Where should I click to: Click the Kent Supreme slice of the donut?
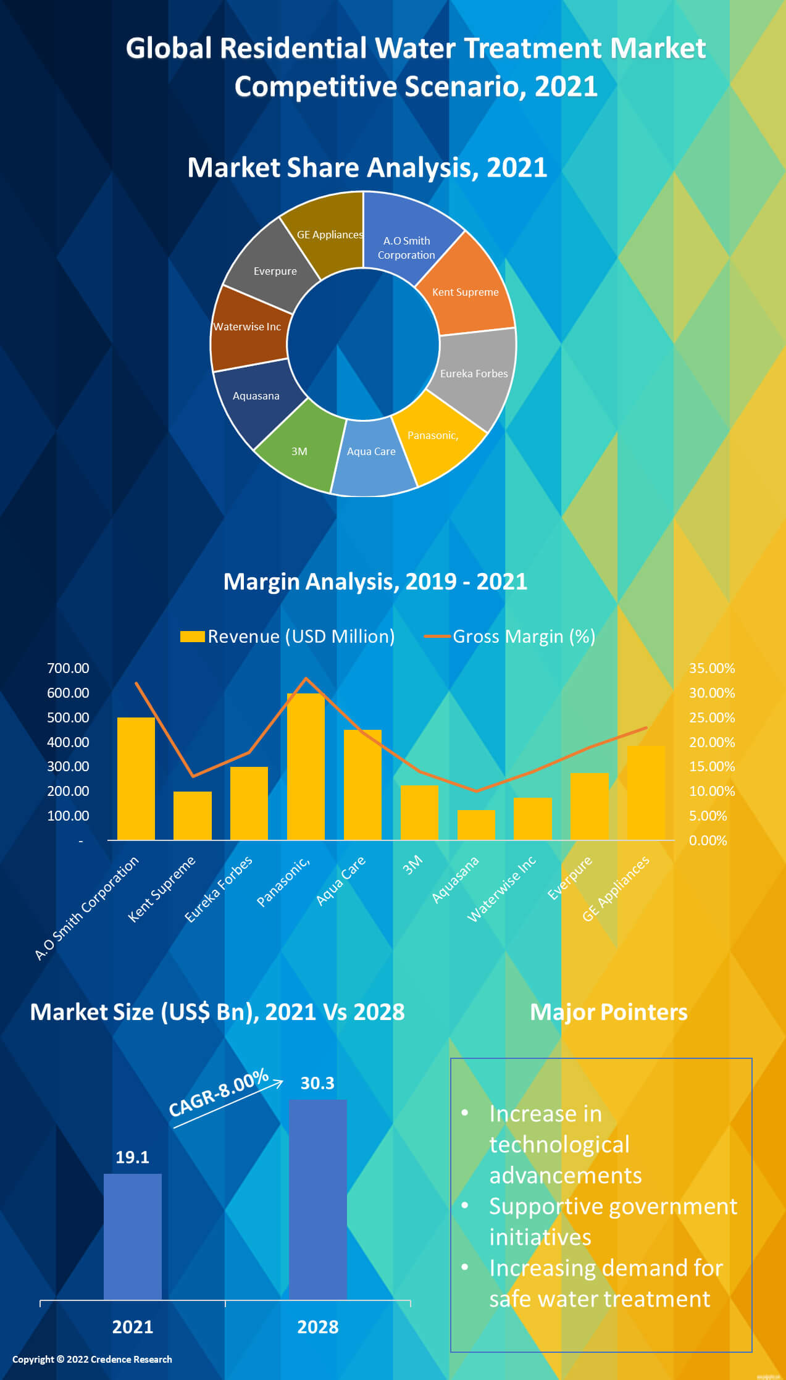(466, 290)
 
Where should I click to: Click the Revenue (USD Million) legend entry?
(288, 637)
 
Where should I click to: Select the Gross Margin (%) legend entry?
(510, 637)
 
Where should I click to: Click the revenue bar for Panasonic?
(306, 766)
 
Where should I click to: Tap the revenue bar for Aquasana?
(475, 825)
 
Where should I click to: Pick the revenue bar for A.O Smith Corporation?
(136, 778)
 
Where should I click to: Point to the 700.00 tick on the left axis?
(68, 668)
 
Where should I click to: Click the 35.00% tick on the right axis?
(712, 668)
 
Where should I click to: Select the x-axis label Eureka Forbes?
(219, 889)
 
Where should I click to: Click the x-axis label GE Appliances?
(616, 889)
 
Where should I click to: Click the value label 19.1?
(132, 1157)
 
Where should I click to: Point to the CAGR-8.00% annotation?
(219, 1093)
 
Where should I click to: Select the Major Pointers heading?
(608, 1012)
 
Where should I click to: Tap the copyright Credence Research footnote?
(92, 1359)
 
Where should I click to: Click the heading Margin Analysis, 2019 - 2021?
(375, 582)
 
